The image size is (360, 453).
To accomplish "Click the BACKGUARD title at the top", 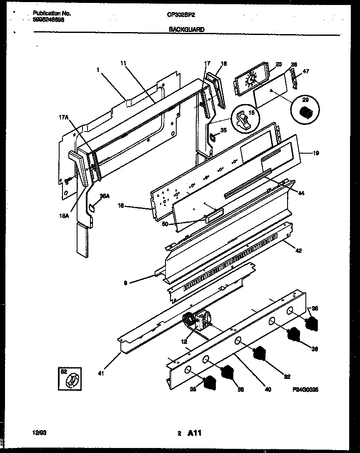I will click(x=187, y=29).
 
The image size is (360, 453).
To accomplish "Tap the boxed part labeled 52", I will click(x=70, y=379).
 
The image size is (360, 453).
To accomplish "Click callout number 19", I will click(x=316, y=153).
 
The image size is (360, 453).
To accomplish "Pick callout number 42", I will click(x=299, y=251).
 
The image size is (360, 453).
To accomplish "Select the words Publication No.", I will click(x=51, y=13).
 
